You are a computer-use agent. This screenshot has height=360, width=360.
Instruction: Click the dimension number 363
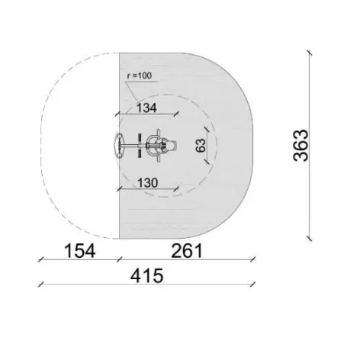coord(301,145)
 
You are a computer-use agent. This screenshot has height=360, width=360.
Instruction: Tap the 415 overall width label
coord(146,276)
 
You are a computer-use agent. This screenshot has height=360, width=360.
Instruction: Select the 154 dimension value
coord(80,251)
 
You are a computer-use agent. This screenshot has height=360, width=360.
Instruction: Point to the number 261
coord(187,251)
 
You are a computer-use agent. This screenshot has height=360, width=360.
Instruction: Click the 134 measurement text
coord(146,108)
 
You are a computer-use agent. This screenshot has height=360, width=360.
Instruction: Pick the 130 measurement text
coord(148,183)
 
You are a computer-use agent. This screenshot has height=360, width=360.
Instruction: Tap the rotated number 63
coord(201,145)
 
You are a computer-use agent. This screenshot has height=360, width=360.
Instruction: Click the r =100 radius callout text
coord(140,76)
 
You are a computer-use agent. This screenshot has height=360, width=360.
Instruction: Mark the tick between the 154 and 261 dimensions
coord(120,259)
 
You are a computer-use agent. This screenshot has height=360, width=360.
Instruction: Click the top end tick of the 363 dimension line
coord(309,53)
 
